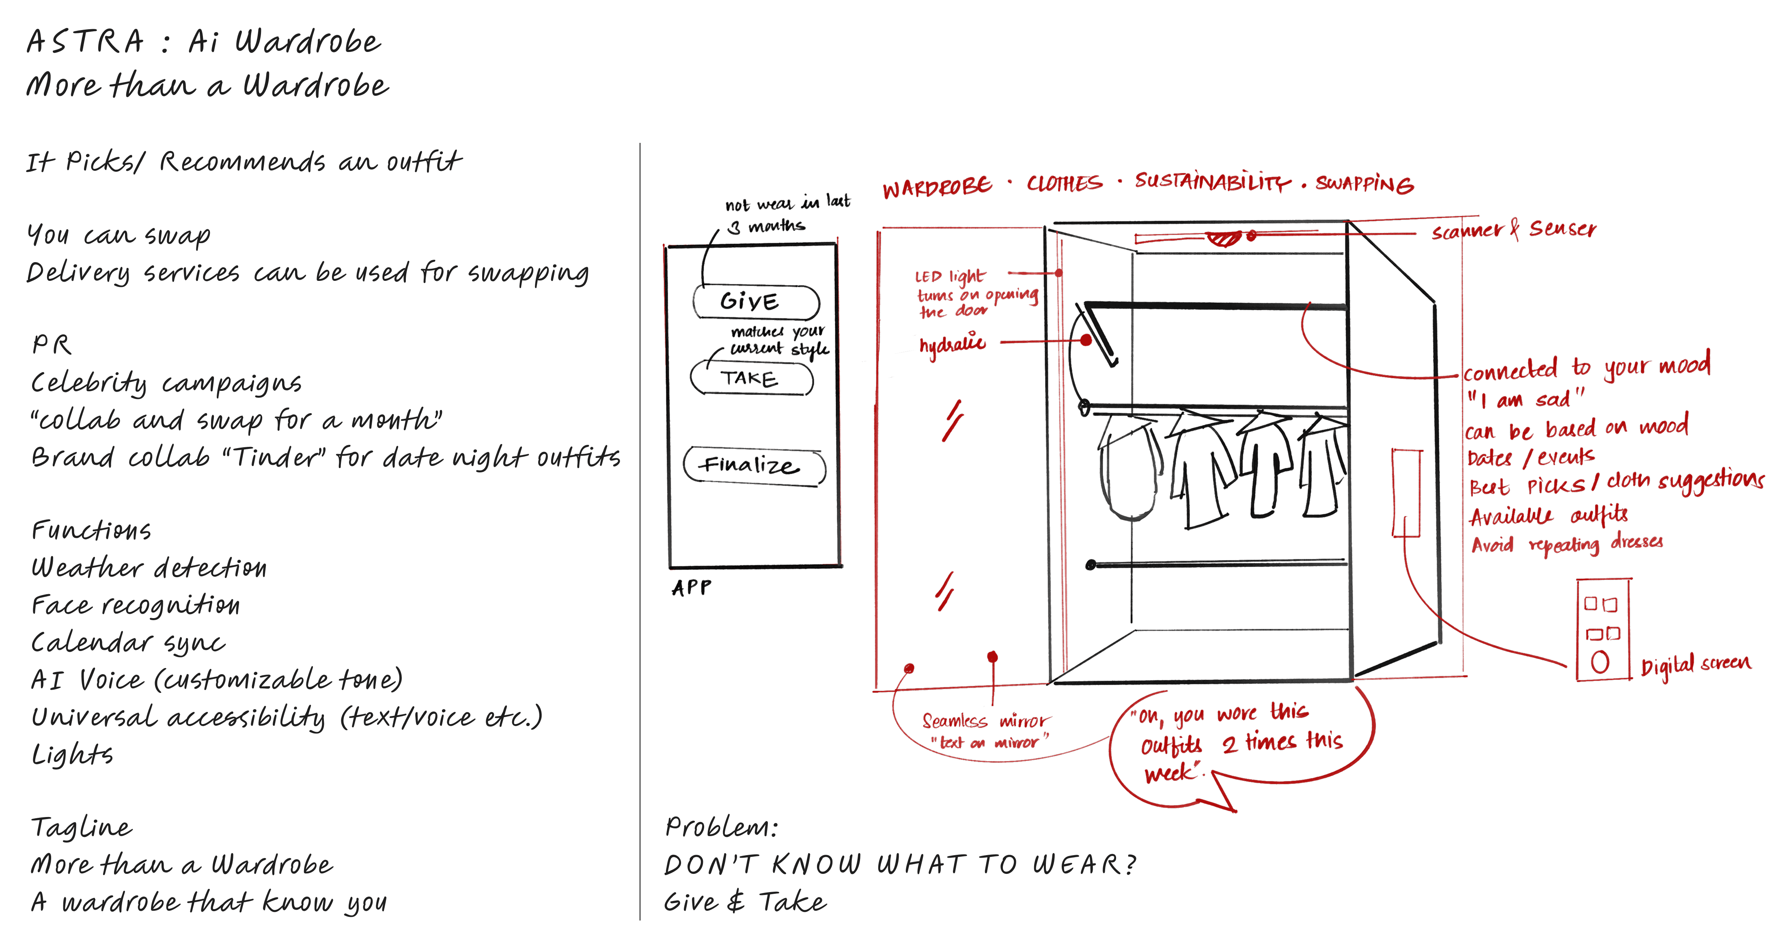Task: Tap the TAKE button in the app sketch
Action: [x=752, y=379]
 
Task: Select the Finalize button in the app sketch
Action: [x=754, y=466]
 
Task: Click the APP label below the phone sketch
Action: [x=692, y=588]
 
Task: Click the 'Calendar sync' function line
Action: [x=128, y=643]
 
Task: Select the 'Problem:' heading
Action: [x=720, y=827]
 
